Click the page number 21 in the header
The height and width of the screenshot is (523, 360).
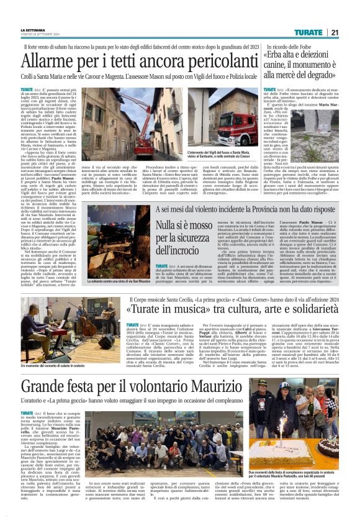[x=334, y=32]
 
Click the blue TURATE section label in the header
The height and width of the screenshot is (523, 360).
[x=308, y=32]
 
